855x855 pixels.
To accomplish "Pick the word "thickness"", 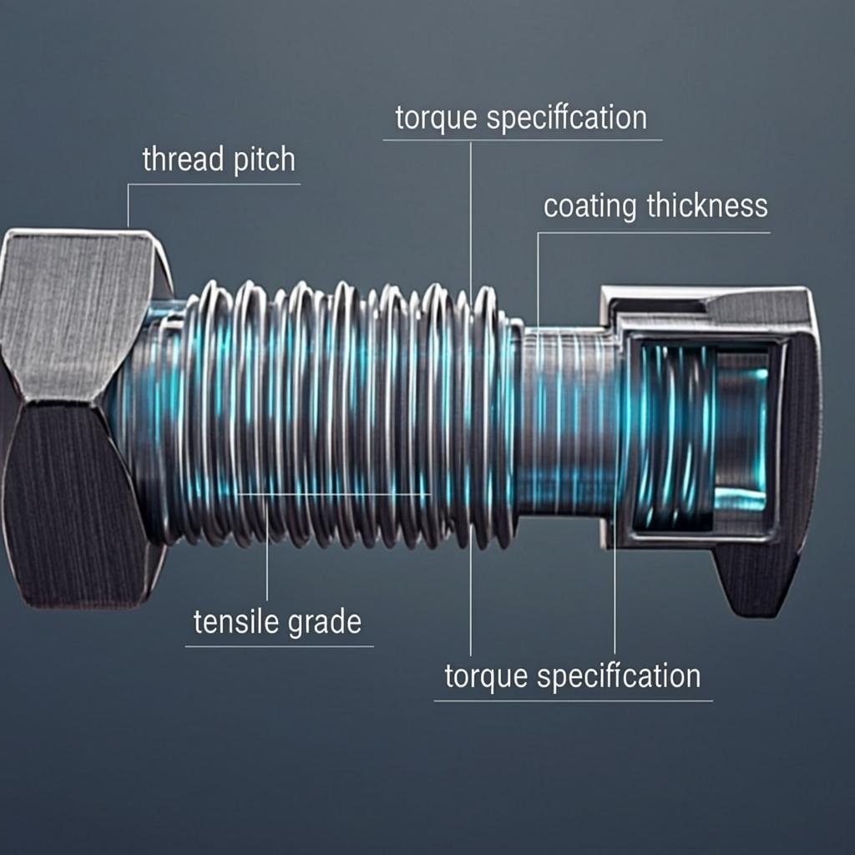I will point(707,205).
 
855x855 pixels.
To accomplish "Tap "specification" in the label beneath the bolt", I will point(619,675).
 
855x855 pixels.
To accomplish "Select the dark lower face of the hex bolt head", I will point(71,501).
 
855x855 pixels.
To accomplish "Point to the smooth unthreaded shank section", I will point(568,417).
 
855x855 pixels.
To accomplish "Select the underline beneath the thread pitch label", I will point(213,184).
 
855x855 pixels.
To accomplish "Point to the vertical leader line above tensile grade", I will point(266,551).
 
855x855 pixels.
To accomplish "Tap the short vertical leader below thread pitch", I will point(128,205).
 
